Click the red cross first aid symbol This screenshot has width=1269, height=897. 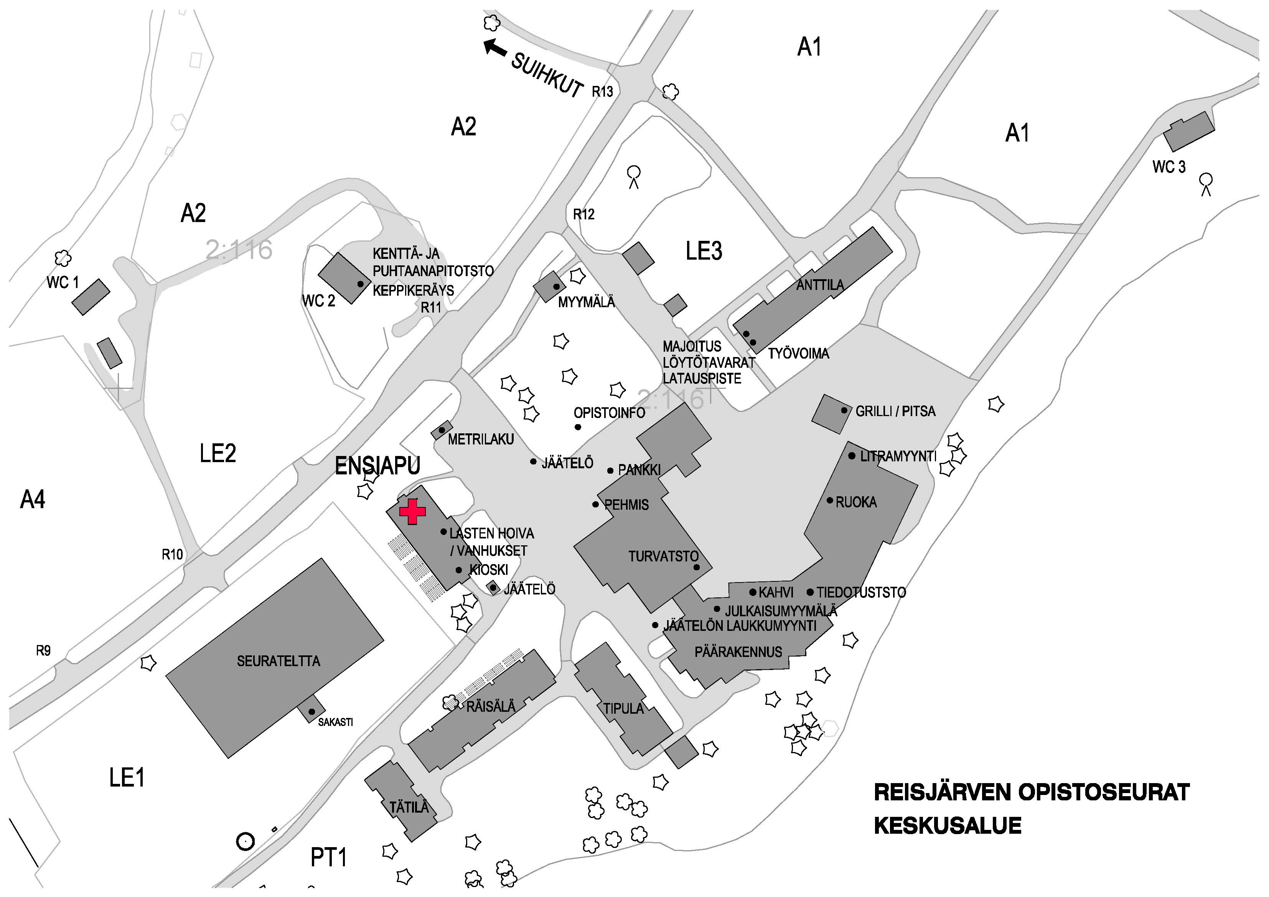coord(412,511)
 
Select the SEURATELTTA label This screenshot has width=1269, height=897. coord(279,661)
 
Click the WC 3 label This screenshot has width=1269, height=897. coord(1169,166)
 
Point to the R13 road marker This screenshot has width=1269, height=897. coord(602,92)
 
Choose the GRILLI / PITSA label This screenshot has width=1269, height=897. coord(895,411)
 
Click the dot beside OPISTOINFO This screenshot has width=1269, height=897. coord(578,427)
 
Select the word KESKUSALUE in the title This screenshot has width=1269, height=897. coord(947,826)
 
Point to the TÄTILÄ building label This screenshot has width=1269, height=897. coord(409,808)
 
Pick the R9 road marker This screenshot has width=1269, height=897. coord(43,650)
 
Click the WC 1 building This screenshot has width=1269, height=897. coord(91,297)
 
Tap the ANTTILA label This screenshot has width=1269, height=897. coord(820,285)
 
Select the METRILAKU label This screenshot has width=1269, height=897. coord(481,439)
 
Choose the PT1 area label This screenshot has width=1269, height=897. coord(329,857)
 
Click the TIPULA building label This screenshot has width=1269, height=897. coord(623,709)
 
